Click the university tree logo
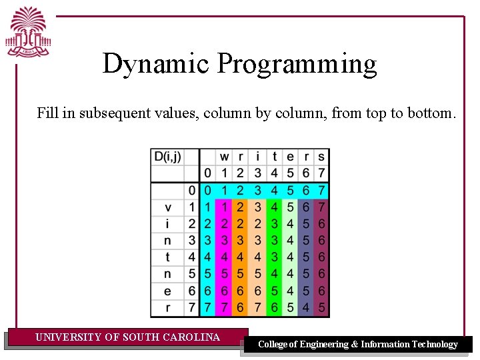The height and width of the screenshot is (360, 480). point(29,33)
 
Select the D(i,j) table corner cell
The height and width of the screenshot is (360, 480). point(167,157)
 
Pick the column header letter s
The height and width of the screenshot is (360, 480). point(321,157)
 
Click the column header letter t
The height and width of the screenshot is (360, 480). point(273,157)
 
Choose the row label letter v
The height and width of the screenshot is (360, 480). point(167,207)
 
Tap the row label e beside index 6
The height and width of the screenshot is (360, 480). point(167,291)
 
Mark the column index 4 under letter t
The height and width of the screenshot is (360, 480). point(273,173)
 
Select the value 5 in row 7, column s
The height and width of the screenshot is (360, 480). point(321,307)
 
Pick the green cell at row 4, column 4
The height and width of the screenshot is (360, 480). point(273,257)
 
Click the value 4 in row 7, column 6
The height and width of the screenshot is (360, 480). point(305,307)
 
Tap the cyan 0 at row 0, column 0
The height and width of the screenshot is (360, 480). point(207,191)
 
